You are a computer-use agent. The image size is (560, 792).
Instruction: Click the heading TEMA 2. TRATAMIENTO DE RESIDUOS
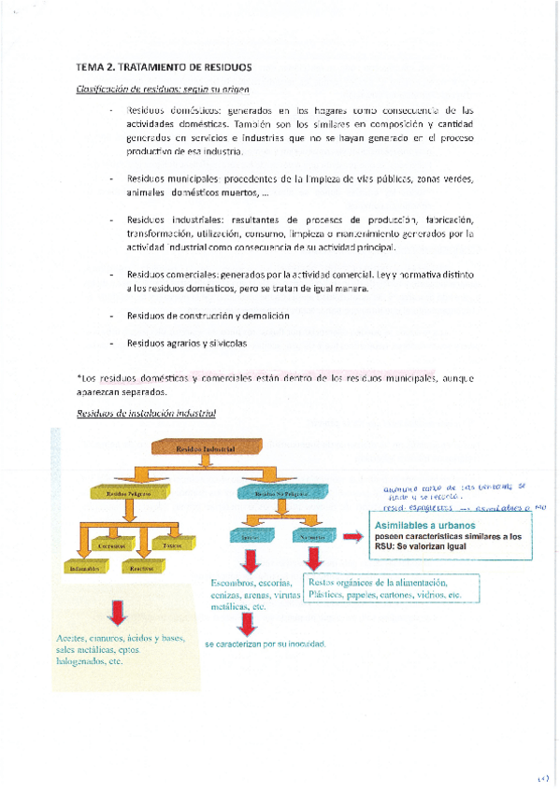[164, 67]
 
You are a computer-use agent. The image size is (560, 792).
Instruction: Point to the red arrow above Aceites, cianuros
[117, 613]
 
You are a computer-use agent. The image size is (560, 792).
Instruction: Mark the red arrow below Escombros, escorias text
[246, 621]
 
